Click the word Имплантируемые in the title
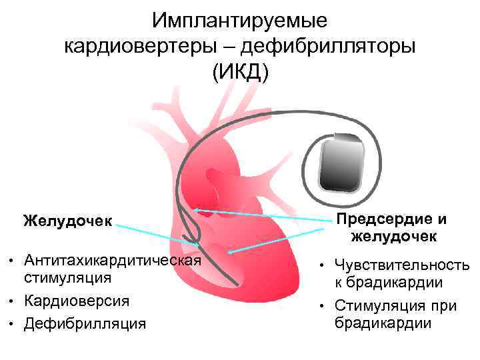(x=239, y=21)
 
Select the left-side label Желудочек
(x=67, y=219)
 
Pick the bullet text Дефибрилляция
(x=84, y=323)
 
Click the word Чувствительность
(x=402, y=265)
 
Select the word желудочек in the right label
(x=393, y=236)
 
